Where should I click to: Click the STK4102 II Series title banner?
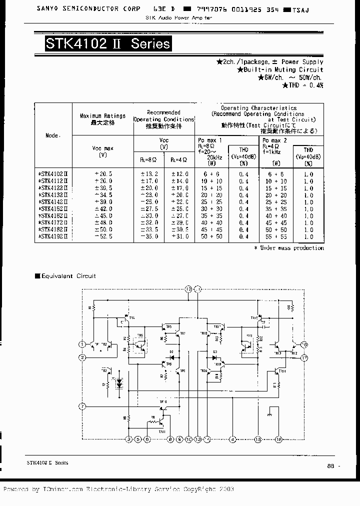click(x=108, y=43)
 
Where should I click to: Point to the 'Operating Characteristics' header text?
click(x=259, y=108)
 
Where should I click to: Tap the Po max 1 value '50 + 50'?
click(x=212, y=236)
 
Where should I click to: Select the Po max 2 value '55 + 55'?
click(x=276, y=236)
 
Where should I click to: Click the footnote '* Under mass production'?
click(x=288, y=248)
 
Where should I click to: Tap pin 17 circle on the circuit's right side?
click(x=305, y=357)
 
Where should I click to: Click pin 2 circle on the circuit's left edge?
click(x=82, y=357)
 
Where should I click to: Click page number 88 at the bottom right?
click(x=330, y=465)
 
